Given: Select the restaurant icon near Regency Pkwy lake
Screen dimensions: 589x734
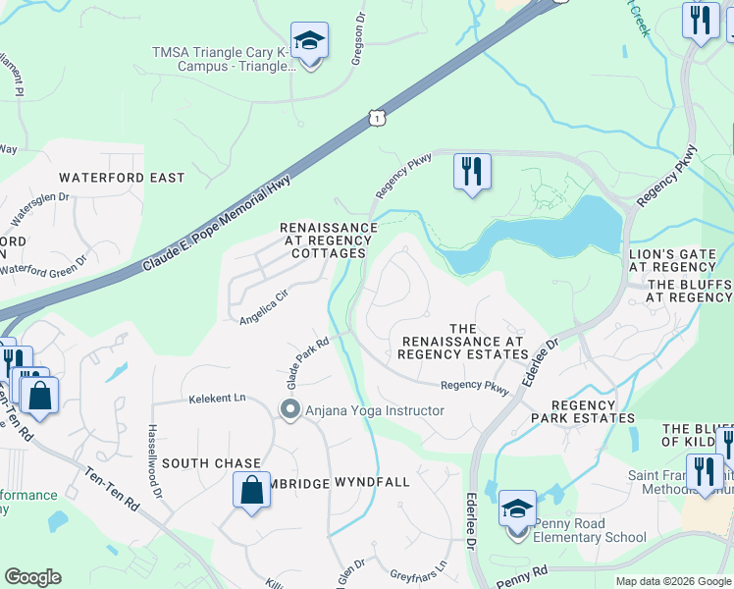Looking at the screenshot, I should tap(472, 173).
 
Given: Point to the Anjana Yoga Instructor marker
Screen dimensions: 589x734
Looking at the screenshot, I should tap(289, 410).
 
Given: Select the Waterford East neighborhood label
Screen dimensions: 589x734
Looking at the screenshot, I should tap(122, 178).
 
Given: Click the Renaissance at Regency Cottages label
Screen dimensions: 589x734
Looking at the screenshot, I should tap(329, 240).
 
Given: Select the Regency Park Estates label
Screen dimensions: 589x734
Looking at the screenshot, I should tap(593, 411).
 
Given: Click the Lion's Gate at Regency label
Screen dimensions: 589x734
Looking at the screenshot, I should tap(672, 260).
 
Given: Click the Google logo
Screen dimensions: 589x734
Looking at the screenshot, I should tap(32, 577).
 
